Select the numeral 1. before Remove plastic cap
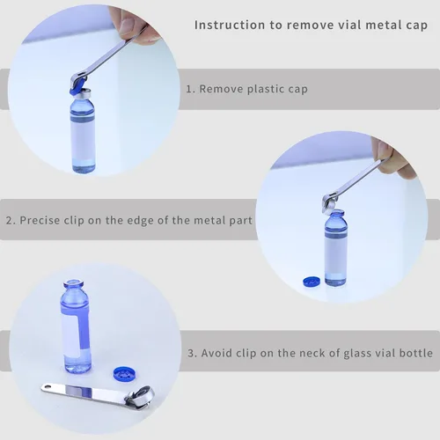point(191,89)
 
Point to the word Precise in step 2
point(40,220)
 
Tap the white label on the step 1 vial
point(83,140)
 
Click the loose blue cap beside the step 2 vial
point(312,282)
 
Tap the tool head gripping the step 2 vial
point(333,203)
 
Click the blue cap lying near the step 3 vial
point(123,374)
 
